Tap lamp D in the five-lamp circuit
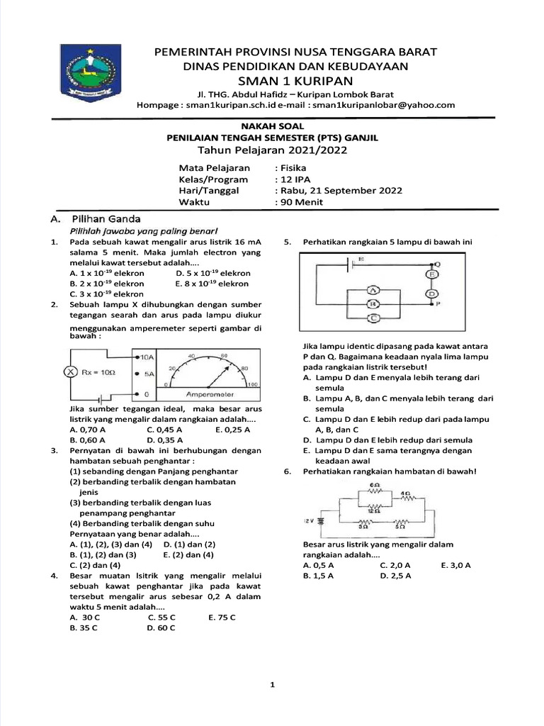430,292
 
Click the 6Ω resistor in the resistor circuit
376,488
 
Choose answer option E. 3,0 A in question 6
455,565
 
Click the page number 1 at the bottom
272,685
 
